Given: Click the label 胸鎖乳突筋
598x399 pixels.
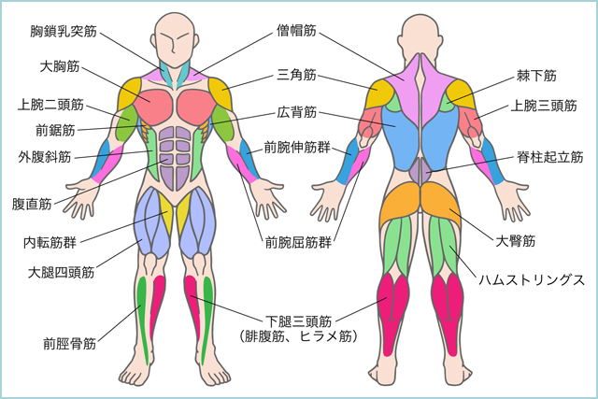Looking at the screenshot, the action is [x=64, y=31].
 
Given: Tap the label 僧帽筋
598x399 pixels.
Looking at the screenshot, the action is [x=297, y=30].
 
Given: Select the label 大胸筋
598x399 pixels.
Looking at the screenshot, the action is [x=60, y=66].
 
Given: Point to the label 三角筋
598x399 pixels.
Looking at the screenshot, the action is [x=297, y=75].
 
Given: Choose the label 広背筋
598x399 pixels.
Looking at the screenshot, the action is [x=297, y=112].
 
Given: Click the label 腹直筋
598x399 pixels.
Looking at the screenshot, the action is [x=32, y=204].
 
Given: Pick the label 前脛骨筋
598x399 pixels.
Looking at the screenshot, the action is [x=69, y=344].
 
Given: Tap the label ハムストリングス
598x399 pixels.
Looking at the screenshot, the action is [x=532, y=280].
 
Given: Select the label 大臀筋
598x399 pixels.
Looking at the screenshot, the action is [x=515, y=241].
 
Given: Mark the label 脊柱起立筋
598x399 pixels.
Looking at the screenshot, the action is [x=550, y=157].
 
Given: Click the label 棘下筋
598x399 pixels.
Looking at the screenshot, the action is [x=536, y=76].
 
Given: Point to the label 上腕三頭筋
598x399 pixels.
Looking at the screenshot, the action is [x=544, y=106].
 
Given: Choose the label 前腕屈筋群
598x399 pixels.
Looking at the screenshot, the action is [x=298, y=242].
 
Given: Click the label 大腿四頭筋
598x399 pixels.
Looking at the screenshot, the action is [x=61, y=272].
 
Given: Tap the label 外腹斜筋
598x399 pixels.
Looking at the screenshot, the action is [x=45, y=157].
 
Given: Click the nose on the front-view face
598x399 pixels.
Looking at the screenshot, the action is [x=173, y=47].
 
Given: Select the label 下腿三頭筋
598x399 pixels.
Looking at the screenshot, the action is [x=298, y=321].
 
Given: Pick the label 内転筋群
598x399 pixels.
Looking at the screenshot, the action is [x=50, y=242].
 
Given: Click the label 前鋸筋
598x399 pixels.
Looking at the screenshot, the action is [x=55, y=131].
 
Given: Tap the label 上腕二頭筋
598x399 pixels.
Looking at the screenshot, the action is [x=50, y=105].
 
